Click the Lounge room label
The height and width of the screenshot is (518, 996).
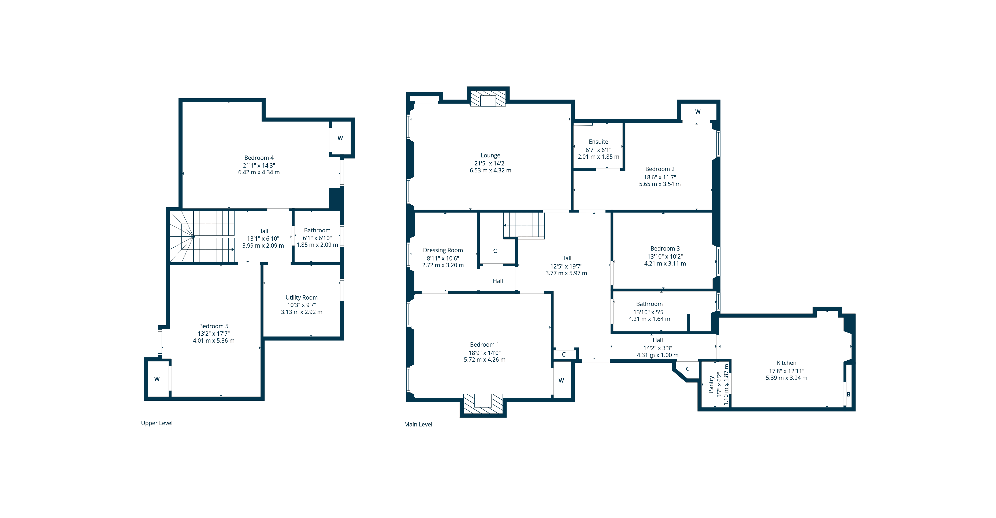coord(490,155)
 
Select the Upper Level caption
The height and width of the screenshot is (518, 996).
coord(157,423)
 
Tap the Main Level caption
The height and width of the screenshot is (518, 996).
coord(418,424)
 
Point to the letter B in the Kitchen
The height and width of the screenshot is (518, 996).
coord(848,394)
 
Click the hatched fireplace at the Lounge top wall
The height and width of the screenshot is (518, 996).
coord(488,99)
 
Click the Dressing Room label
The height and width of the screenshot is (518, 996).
coord(443,250)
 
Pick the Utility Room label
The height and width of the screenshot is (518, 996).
coord(302,297)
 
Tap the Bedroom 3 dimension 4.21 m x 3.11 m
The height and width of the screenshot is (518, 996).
coord(665,263)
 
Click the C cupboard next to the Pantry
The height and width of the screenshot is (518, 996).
coord(687,369)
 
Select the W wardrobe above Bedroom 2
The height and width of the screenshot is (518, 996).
coord(697,112)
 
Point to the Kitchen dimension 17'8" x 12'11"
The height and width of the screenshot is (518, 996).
coord(786,371)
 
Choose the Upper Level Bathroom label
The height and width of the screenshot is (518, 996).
coord(317,230)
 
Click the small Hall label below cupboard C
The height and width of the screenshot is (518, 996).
coord(498,281)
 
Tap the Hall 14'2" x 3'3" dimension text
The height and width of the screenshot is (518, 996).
coord(658,348)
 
